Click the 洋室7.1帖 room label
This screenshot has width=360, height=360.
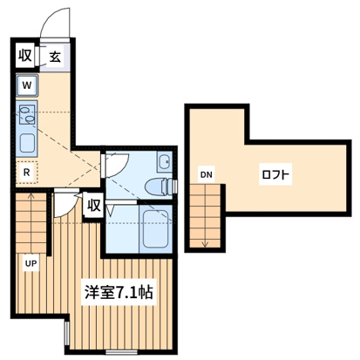click(119, 292)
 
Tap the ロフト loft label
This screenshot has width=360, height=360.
click(275, 174)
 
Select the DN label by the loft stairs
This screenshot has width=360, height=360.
click(206, 175)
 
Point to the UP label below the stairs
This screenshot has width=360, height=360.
click(31, 263)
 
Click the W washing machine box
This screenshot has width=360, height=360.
click(27, 85)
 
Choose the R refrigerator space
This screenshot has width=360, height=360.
click(27, 172)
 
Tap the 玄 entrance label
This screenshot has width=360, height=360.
click(55, 57)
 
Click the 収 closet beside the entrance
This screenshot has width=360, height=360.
click(25, 55)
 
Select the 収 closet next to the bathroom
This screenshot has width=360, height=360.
click(94, 206)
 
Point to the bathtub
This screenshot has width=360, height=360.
click(155, 229)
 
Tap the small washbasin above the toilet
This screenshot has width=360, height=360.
click(165, 160)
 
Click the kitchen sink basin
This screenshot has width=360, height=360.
click(27, 144)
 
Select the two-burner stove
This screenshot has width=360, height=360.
click(27, 115)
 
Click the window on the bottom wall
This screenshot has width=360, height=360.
click(121, 352)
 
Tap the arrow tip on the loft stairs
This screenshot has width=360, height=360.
click(205, 247)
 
